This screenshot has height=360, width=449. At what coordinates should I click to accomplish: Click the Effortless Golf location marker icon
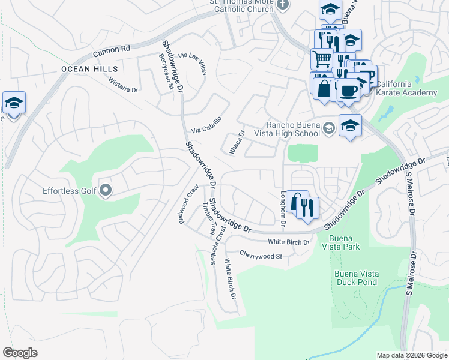(106, 191)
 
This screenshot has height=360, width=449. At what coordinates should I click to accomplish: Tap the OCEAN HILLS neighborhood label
(89, 70)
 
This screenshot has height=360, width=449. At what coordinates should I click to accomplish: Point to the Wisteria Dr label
(124, 86)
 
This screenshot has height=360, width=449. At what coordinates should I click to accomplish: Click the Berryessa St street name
(166, 72)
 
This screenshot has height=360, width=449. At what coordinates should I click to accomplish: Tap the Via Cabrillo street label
(206, 125)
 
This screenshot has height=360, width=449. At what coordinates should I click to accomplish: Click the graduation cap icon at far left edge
(13, 103)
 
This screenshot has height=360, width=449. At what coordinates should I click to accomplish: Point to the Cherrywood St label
(261, 256)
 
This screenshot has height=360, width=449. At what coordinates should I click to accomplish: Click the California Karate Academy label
(406, 88)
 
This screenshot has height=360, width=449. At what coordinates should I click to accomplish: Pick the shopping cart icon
(322, 59)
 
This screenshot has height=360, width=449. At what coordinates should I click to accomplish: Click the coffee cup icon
(349, 91)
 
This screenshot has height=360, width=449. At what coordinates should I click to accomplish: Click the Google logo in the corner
(20, 353)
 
